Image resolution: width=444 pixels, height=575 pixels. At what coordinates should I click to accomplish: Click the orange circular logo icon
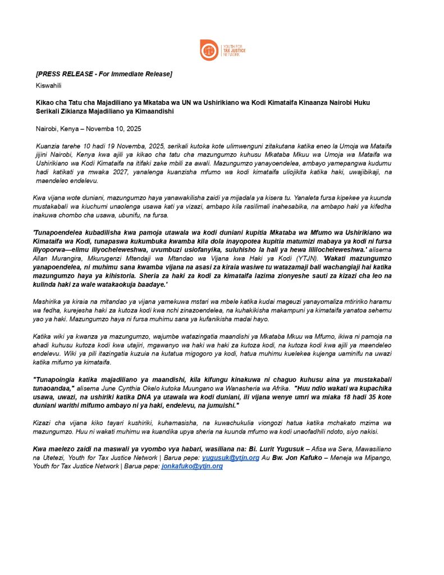(x=209, y=50)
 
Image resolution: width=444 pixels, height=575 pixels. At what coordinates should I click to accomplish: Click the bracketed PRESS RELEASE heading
(x=104, y=74)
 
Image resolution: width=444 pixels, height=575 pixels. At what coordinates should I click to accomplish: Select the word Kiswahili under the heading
(x=48, y=85)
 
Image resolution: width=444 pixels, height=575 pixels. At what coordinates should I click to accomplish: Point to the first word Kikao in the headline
(x=45, y=102)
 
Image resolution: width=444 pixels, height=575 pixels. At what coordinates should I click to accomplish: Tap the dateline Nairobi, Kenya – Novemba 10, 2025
(x=89, y=129)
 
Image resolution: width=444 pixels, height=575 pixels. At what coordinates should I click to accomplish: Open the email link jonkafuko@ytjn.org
(x=192, y=466)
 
